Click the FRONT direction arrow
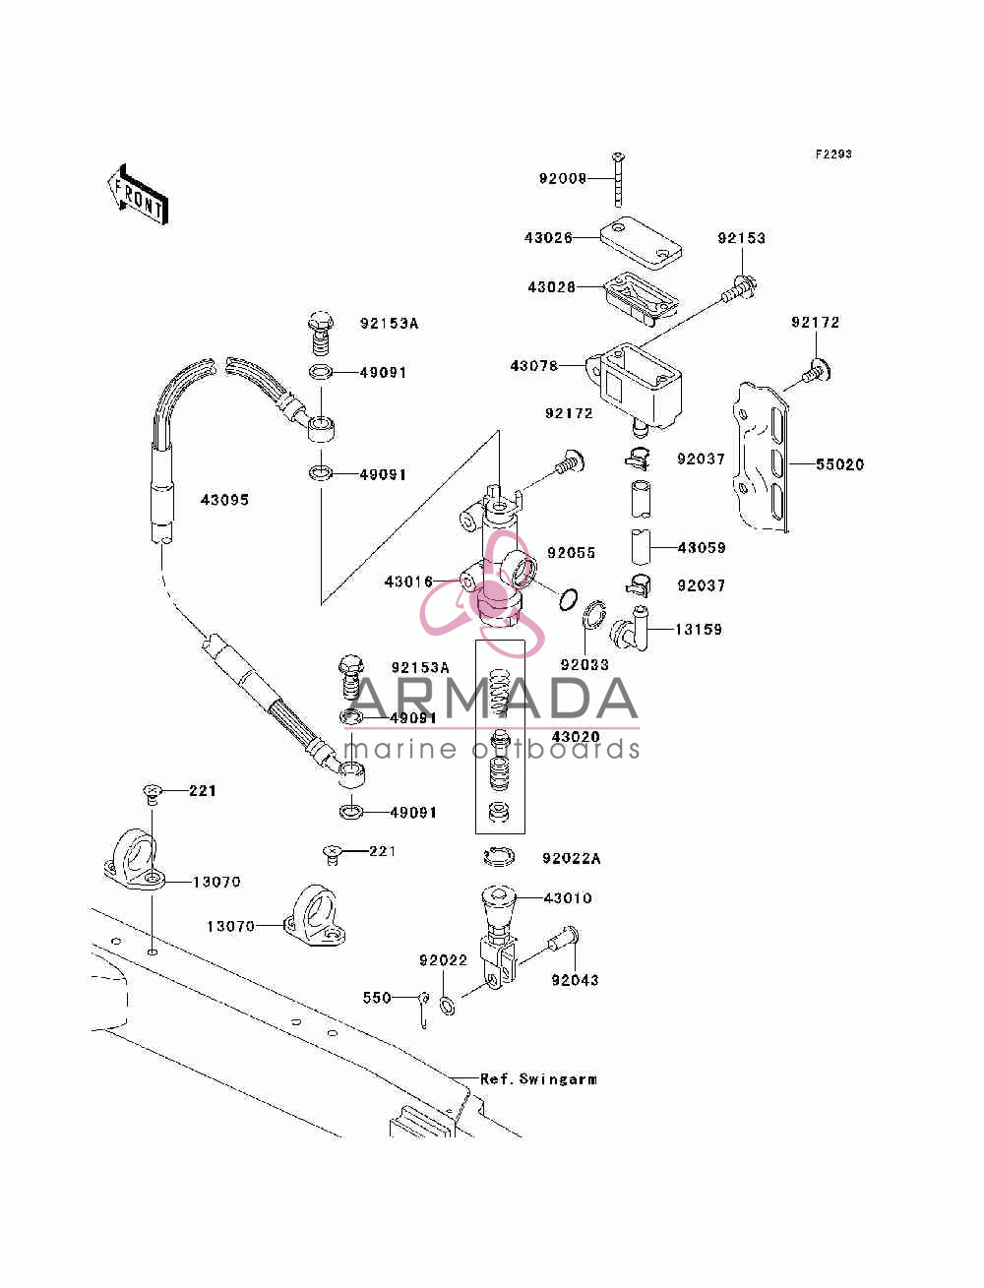click(139, 194)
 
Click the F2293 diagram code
click(832, 154)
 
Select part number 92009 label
click(562, 178)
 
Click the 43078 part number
click(533, 366)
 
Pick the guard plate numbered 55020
click(761, 458)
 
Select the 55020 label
click(839, 464)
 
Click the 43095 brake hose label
click(224, 499)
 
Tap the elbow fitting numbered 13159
click(630, 628)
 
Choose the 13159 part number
click(699, 629)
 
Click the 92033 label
click(584, 664)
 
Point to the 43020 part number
click(576, 736)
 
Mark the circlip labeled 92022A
click(499, 857)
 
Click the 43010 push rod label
click(568, 897)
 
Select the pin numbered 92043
click(563, 937)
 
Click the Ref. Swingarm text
click(538, 1078)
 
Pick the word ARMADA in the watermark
click(494, 699)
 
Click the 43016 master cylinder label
click(408, 582)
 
